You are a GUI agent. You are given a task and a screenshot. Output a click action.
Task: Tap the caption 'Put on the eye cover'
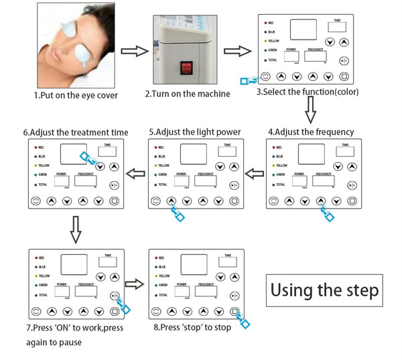point(76,95)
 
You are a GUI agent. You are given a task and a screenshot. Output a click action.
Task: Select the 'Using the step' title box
point(325,290)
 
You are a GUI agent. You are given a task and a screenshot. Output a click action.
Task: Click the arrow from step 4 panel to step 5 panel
point(255,174)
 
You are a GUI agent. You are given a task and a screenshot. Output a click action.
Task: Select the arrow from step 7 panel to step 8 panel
point(135,284)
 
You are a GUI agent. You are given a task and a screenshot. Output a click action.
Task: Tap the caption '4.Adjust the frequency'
point(310,131)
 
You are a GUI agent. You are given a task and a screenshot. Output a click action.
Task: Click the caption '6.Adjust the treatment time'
point(75,132)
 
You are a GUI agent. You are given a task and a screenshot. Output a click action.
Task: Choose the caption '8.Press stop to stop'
point(191,327)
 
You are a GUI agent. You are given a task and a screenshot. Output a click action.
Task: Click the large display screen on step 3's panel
point(304,29)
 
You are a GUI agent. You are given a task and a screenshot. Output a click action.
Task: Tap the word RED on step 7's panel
point(42,257)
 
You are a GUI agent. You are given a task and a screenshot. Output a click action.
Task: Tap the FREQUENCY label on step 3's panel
point(316,50)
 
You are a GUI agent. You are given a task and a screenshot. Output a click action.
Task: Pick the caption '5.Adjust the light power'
point(194,132)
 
